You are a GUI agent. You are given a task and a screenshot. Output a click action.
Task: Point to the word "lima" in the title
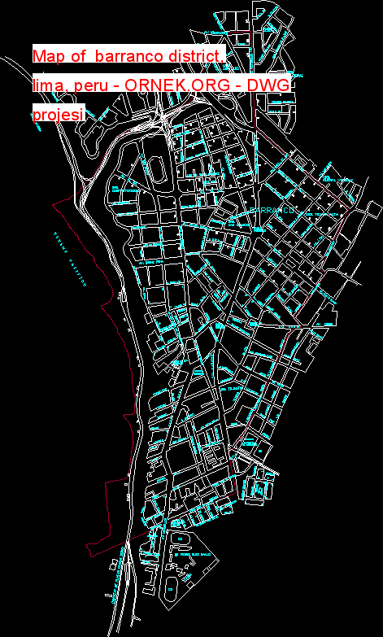pyautogui.click(x=47, y=85)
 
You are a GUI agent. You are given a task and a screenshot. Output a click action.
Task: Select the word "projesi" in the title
pyautogui.click(x=58, y=114)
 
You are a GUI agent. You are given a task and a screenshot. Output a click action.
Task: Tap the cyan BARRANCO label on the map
pyautogui.click(x=271, y=210)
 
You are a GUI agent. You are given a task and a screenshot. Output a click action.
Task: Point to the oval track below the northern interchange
pyautogui.click(x=159, y=169)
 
